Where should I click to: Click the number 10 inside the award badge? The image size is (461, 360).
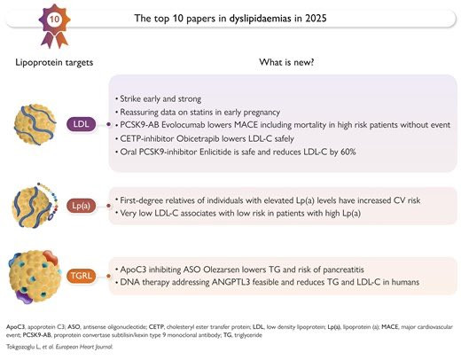pyautogui.click(x=54, y=20)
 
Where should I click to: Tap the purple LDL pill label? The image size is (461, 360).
pyautogui.click(x=82, y=124)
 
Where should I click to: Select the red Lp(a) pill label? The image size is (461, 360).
pyautogui.click(x=82, y=206)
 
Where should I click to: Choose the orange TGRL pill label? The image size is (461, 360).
pyautogui.click(x=82, y=276)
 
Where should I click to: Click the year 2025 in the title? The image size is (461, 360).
pyautogui.click(x=316, y=19)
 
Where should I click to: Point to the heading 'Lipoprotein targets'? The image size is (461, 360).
pyautogui.click(x=54, y=63)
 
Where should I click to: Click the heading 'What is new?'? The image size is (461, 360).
pyautogui.click(x=286, y=62)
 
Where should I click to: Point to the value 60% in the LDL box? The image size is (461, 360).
pyautogui.click(x=348, y=152)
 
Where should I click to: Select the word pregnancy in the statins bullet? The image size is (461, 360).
pyautogui.click(x=261, y=113)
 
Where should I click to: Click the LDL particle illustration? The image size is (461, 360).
pyautogui.click(x=35, y=124)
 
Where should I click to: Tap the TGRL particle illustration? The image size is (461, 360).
pyautogui.click(x=35, y=277)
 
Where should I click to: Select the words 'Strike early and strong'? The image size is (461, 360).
pyautogui.click(x=160, y=98)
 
